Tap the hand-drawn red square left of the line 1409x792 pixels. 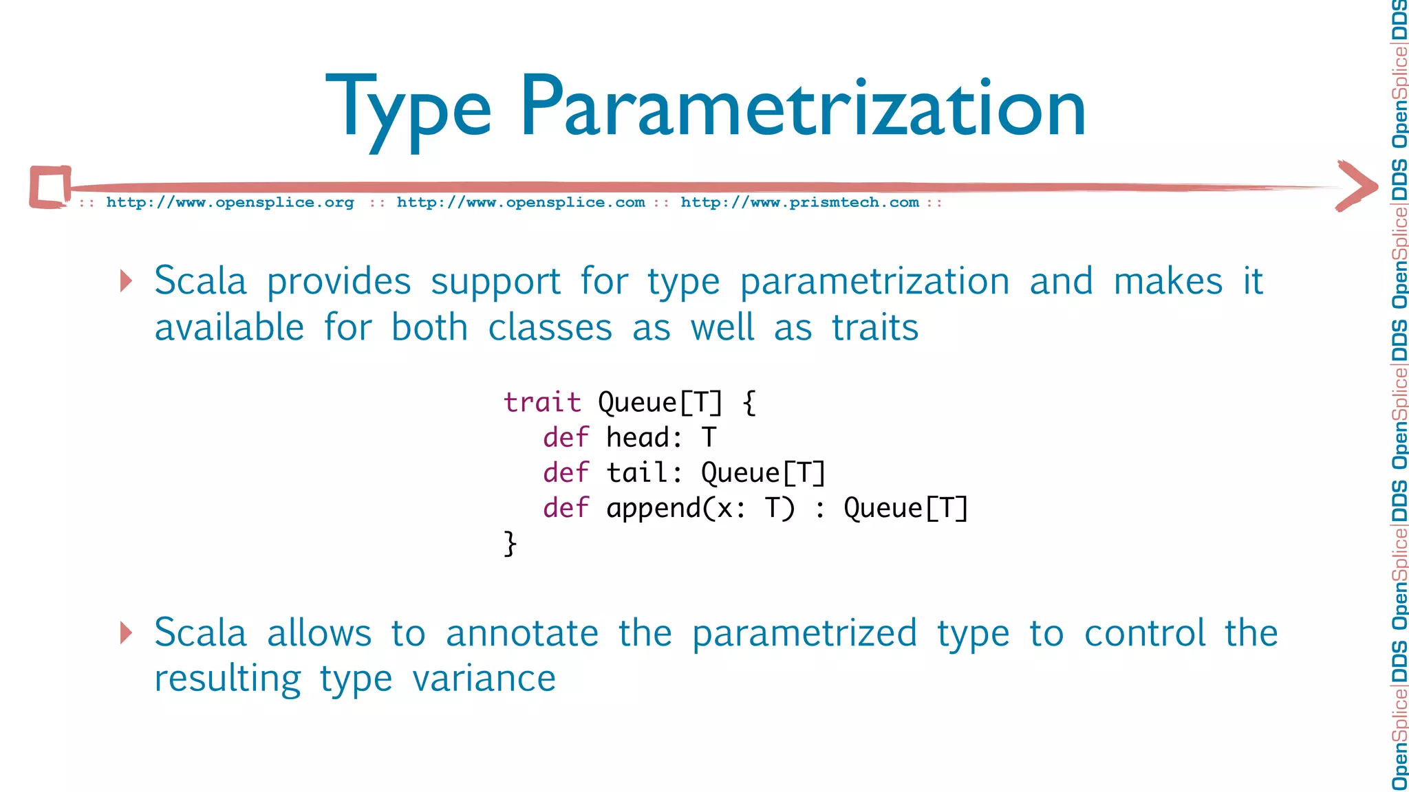[50, 186]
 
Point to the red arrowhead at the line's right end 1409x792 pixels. [1357, 186]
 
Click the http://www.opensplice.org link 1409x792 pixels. [230, 203]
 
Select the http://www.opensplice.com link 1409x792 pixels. [521, 203]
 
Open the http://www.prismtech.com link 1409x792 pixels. [799, 203]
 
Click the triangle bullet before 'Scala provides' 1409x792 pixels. [126, 280]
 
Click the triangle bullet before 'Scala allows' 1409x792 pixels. [126, 632]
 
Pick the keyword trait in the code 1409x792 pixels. [542, 402]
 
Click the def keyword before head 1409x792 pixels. [566, 437]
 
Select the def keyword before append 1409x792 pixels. [566, 508]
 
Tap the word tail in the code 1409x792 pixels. [636, 472]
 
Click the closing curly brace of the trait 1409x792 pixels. [510, 543]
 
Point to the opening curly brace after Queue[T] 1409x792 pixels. [749, 402]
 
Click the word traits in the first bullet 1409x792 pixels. [874, 327]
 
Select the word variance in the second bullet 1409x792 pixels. [484, 679]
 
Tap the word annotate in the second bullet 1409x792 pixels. [521, 633]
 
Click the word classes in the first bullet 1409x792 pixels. [550, 327]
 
